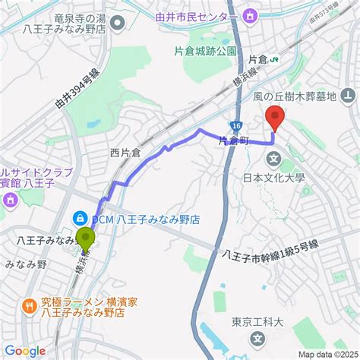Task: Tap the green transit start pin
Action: tap(85, 242)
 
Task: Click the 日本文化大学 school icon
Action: tap(273, 159)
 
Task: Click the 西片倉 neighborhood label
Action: tap(125, 153)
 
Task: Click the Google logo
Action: tap(25, 350)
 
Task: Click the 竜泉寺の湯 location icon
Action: tap(117, 22)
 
